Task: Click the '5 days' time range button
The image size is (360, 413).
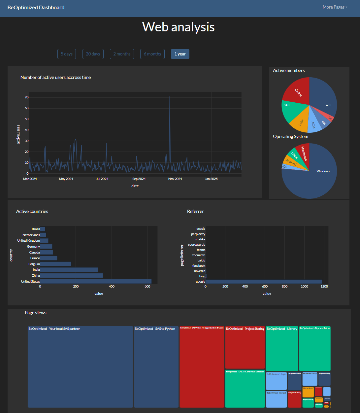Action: (x=67, y=54)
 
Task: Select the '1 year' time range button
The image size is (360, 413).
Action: (x=180, y=54)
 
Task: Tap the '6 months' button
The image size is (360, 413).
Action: (x=152, y=54)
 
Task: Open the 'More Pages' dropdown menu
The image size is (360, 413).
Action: (x=335, y=7)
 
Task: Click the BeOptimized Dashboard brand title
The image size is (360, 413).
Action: (x=36, y=8)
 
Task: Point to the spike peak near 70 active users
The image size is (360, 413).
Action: (x=170, y=97)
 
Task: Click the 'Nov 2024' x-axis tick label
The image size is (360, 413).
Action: (x=175, y=179)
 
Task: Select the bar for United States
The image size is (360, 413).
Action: (x=96, y=281)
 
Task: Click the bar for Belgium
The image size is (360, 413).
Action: (x=55, y=264)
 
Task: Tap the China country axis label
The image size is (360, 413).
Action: (x=36, y=276)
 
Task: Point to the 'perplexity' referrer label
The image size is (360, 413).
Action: (x=198, y=234)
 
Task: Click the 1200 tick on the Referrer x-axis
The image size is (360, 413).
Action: (x=324, y=287)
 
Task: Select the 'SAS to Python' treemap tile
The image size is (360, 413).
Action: (x=156, y=366)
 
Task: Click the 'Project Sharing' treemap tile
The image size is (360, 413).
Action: (x=245, y=348)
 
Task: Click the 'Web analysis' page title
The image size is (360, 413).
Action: (x=178, y=27)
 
